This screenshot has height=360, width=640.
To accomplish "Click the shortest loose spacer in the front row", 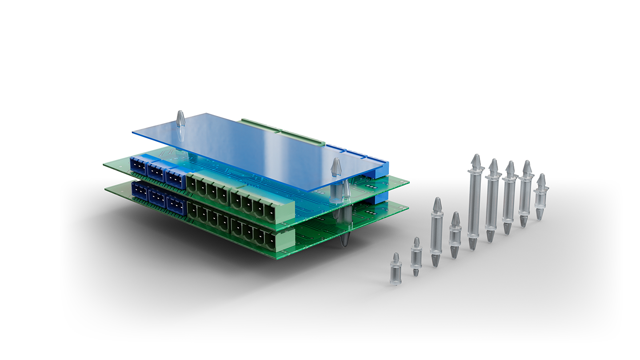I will coord(396,269).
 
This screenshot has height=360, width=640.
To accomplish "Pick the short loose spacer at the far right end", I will coord(540,197).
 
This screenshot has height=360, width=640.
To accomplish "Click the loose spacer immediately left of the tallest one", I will coord(455,235).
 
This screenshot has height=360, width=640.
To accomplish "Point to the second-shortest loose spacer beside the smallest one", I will coord(416,256).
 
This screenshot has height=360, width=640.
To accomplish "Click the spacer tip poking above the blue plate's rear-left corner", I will coord(180,118).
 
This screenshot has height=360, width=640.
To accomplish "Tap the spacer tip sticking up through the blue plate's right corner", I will coord(336,167).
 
